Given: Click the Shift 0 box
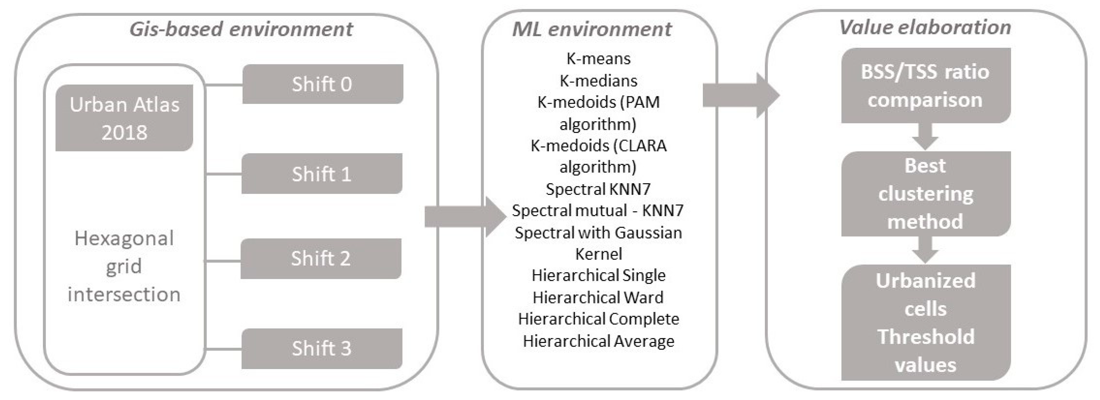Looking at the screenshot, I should coord(322,84).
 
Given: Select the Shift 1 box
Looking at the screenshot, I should coord(322,174).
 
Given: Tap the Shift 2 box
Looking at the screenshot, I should coord(321,258).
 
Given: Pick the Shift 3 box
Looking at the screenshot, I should coord(322,348).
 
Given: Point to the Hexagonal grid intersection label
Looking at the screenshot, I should coord(124,266).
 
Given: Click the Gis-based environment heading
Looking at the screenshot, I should coord(241,29).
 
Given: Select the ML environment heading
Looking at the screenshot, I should coord(592,29).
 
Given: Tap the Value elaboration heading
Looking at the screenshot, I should coord(925,27).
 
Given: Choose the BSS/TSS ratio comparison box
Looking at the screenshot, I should coord(925,85).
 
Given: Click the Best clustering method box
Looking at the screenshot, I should coord(925,193).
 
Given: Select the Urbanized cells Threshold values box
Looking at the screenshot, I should coord(925,322).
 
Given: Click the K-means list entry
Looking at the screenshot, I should coord(598,58).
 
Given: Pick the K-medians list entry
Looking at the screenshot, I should coord(598,81).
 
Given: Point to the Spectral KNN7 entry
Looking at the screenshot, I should coord(598,189).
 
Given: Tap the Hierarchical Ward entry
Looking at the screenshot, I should coord(598,297).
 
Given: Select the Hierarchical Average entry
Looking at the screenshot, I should coord(598,341).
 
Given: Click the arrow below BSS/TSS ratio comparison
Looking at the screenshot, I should coord(925,136).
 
